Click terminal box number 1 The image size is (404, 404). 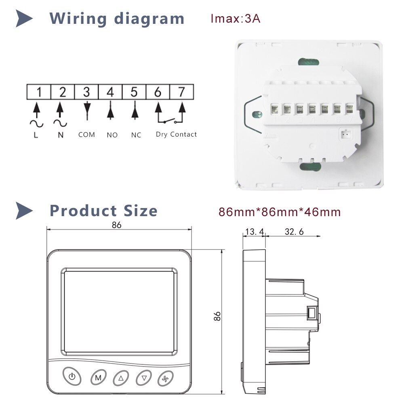pos(39,92)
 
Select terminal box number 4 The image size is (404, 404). pos(110,92)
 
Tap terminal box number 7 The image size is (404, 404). pos(181,92)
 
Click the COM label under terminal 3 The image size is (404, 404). pos(86,135)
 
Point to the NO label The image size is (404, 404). pos(112,135)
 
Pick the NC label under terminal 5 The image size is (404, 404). pos(136,135)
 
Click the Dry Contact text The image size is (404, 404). pos(176,134)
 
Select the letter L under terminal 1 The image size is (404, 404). pos(36,135)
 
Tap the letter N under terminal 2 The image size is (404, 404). pos(61,135)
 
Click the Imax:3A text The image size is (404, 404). pos(236,19)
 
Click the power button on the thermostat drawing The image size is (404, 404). pos(72,378)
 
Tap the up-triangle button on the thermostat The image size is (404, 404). pos(121,378)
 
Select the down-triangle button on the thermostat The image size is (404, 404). pos(143,378)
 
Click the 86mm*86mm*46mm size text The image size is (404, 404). pos(280,212)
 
